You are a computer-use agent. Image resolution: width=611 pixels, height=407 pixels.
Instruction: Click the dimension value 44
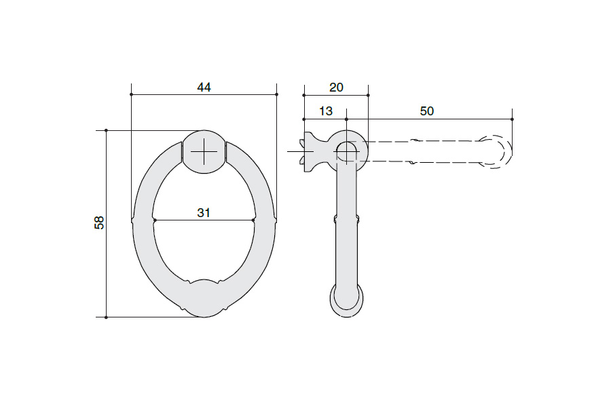click(204, 88)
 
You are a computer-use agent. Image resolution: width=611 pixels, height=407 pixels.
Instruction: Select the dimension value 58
click(99, 222)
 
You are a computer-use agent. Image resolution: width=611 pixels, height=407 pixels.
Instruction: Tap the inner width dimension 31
click(204, 212)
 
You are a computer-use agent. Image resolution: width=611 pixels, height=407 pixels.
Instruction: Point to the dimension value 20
click(336, 88)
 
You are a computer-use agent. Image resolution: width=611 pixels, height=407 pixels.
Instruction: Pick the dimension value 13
click(326, 111)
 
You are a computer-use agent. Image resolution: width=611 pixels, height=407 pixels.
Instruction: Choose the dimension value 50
click(427, 111)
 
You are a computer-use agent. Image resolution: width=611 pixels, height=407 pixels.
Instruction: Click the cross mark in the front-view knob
click(204, 151)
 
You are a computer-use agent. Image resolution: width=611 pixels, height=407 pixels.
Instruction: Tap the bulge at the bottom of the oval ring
click(204, 298)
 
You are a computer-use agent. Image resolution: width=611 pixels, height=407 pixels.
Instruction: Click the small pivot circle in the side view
click(346, 151)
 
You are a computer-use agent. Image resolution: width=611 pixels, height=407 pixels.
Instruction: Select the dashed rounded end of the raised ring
click(496, 151)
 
